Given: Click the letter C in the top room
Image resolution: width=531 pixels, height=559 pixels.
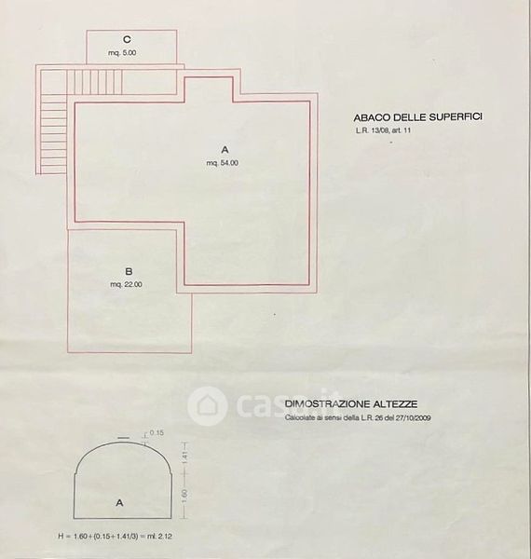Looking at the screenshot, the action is [127, 39].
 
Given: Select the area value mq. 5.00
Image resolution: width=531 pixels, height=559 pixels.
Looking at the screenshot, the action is [122, 53].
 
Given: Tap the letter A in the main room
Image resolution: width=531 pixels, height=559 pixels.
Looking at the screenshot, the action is [225, 149].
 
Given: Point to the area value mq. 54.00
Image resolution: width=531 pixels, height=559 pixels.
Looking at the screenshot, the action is [223, 163].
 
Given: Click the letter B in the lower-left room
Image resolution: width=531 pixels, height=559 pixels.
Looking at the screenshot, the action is [129, 272].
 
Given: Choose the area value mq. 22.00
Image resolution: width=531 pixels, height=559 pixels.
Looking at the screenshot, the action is [126, 284].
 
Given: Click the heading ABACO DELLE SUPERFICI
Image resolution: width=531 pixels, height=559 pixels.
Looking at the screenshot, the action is [418, 117].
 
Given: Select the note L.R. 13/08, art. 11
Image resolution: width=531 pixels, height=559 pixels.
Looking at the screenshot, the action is [383, 130].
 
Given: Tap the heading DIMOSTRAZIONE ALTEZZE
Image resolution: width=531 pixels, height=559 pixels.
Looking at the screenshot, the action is [351, 404].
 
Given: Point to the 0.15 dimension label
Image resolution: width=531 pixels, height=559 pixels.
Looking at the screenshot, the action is [157, 433].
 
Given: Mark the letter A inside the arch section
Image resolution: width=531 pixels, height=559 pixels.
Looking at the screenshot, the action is [119, 503].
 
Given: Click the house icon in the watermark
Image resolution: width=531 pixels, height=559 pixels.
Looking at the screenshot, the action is [208, 406].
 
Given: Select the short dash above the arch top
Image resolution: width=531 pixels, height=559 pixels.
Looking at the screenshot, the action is [123, 437].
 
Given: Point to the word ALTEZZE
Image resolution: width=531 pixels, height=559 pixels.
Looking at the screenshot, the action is [395, 404].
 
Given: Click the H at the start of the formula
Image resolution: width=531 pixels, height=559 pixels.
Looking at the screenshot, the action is [61, 537].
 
